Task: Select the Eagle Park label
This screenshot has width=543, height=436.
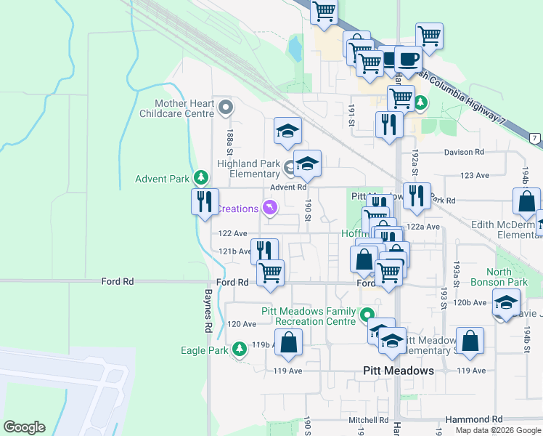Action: (205, 350)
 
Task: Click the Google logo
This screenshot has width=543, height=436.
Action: (24, 427)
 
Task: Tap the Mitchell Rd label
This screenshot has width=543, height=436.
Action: (368, 420)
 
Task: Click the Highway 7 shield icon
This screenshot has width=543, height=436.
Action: (535, 138)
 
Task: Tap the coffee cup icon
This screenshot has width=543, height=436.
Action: (408, 59)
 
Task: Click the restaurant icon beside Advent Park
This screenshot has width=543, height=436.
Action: (205, 201)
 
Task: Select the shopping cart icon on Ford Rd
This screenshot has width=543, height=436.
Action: (270, 273)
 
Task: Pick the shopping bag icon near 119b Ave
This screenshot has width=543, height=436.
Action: (289, 342)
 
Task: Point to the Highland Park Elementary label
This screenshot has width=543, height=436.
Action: (248, 169)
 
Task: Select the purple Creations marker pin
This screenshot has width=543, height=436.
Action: (270, 209)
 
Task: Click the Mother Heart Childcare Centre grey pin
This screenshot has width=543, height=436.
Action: (225, 109)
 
